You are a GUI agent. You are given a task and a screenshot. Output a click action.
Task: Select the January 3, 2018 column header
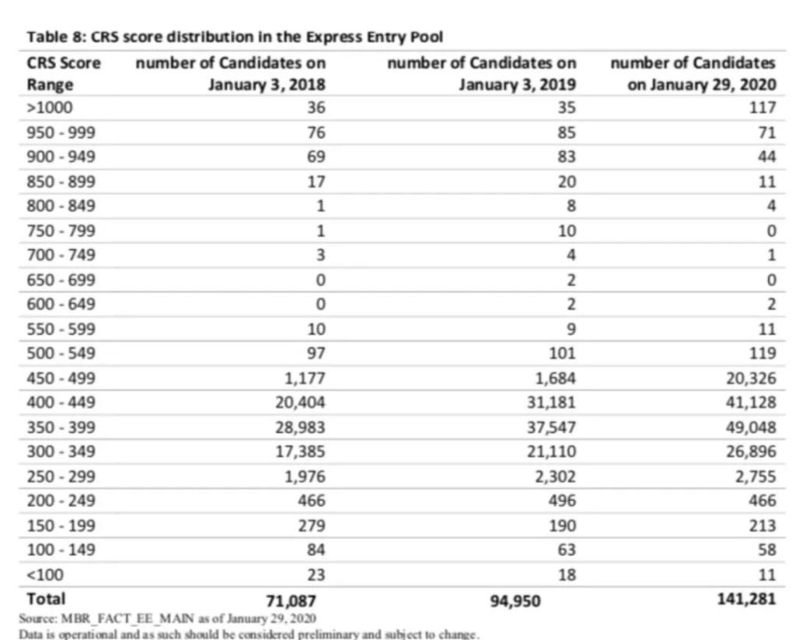232,73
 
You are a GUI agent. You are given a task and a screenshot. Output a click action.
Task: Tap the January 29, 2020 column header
693,73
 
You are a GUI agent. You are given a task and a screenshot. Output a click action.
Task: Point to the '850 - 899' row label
61,182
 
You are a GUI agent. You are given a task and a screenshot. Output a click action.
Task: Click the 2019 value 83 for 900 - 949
567,157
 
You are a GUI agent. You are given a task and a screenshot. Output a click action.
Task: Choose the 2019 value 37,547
550,427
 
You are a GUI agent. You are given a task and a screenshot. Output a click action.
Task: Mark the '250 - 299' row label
61,476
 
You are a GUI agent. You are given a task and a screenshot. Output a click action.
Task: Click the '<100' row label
44,575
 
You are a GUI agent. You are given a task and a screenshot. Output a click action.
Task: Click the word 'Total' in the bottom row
47,600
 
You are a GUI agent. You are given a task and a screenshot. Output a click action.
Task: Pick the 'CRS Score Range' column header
64,73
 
